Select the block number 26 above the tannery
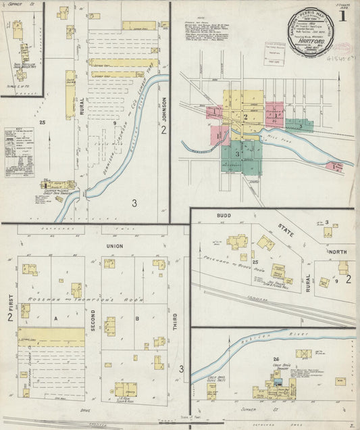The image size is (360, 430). (x=276, y=358)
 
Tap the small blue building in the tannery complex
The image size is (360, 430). (x=277, y=383)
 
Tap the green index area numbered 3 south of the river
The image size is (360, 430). (x=238, y=154)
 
